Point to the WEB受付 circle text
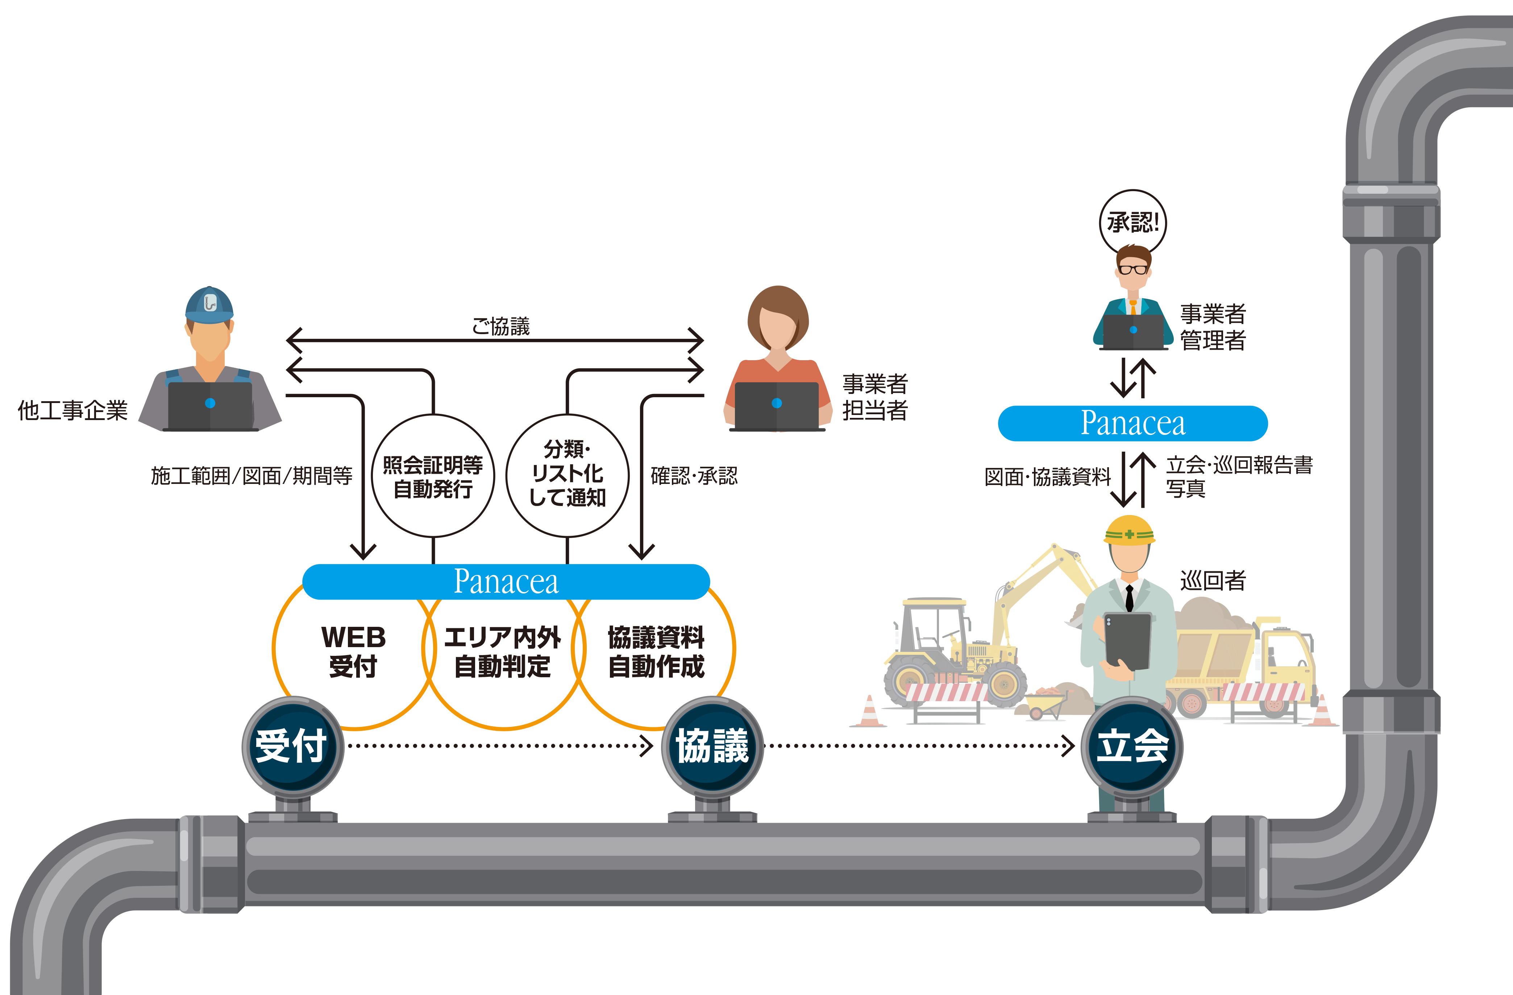pos(353,651)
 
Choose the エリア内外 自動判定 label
pos(502,651)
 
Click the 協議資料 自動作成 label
pos(656,651)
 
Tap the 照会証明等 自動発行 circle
pos(433,476)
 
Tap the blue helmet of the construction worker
pos(209,304)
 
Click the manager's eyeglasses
pos(1133,269)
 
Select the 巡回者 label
pos(1213,580)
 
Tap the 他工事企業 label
pos(72,410)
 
